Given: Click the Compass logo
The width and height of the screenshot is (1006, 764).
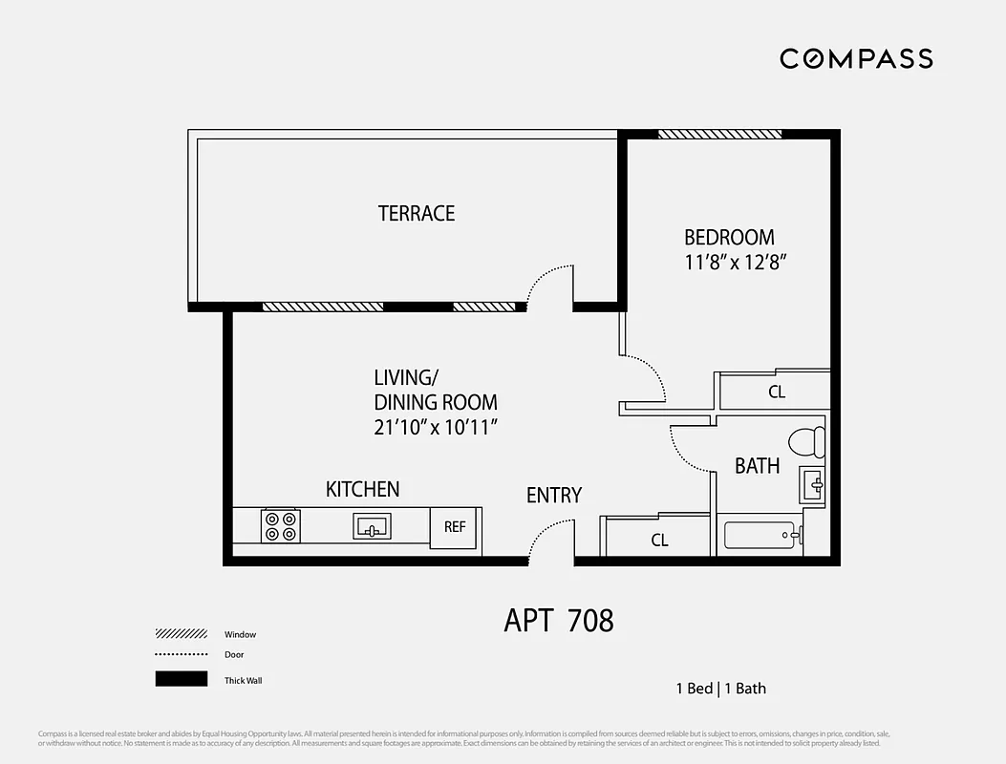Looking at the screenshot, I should click(x=855, y=58).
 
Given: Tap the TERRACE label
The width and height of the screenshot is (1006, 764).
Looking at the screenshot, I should click(x=417, y=213).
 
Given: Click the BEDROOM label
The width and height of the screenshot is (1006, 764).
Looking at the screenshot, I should click(x=729, y=237).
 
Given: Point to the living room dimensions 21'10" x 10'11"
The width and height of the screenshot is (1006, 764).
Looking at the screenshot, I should click(x=438, y=427).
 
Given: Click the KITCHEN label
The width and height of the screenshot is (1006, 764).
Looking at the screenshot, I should click(x=362, y=489).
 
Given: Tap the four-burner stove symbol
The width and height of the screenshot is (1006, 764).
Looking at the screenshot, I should click(x=281, y=526).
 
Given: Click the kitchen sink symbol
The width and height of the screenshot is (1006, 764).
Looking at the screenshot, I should click(x=371, y=525).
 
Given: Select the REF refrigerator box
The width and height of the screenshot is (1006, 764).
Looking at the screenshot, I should click(x=455, y=527).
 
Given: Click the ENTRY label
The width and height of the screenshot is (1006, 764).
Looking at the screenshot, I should click(x=553, y=495).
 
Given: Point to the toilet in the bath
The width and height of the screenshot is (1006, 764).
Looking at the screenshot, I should click(x=807, y=442).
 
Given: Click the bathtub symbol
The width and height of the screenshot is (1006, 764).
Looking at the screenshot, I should click(x=762, y=535).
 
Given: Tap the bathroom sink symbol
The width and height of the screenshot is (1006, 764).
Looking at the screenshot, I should click(x=813, y=485).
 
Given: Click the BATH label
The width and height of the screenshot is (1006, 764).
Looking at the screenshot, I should click(x=757, y=466).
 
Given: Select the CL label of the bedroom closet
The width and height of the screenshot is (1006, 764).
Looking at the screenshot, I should click(x=777, y=392).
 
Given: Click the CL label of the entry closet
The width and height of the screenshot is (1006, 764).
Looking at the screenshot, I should click(x=659, y=541).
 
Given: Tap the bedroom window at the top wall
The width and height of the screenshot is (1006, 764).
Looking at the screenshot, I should click(x=719, y=135).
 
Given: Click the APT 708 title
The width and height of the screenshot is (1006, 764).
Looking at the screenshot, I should click(x=558, y=621).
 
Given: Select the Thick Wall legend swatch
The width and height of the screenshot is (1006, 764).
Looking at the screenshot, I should click(x=181, y=679).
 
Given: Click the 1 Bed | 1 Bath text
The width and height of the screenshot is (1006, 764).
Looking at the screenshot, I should click(x=720, y=688).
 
